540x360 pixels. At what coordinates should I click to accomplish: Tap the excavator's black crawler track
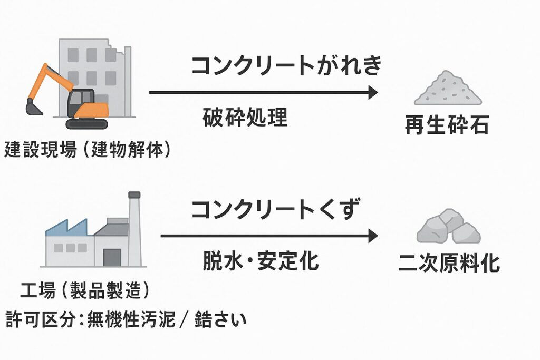(86, 124)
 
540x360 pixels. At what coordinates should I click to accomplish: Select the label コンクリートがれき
(286, 66)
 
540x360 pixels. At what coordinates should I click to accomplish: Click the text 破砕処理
(245, 118)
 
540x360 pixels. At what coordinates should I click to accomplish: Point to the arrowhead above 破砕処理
(373, 93)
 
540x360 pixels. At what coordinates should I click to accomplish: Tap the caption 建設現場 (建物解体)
(88, 150)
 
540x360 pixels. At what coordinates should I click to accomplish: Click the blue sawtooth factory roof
(66, 228)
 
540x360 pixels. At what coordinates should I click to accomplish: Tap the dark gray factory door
(112, 257)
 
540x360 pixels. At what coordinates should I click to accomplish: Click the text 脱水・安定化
(261, 261)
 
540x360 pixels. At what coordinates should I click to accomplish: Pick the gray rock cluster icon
(448, 226)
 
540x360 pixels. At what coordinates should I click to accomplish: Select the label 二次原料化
(449, 263)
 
